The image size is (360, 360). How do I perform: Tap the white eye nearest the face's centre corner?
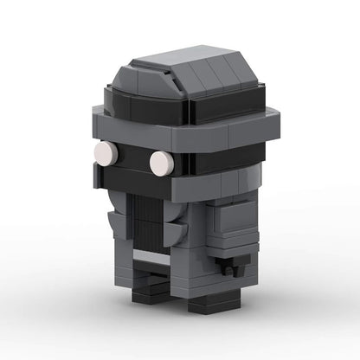tap(161, 162)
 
